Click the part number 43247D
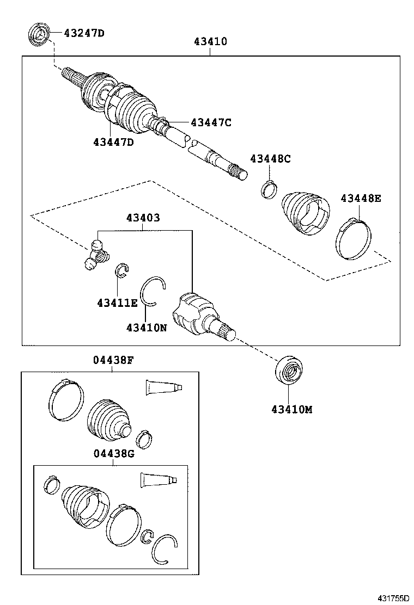pos(84,33)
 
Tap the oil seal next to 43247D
pos(40,34)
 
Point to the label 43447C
pos(211,122)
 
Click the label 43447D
pos(113,143)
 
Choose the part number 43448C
pos(270,159)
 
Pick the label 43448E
pos(361,198)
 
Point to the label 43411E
pos(118,303)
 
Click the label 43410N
pos(147,328)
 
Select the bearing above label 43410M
pos(288,371)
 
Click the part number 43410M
pos(292,410)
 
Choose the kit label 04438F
pos(113,360)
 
